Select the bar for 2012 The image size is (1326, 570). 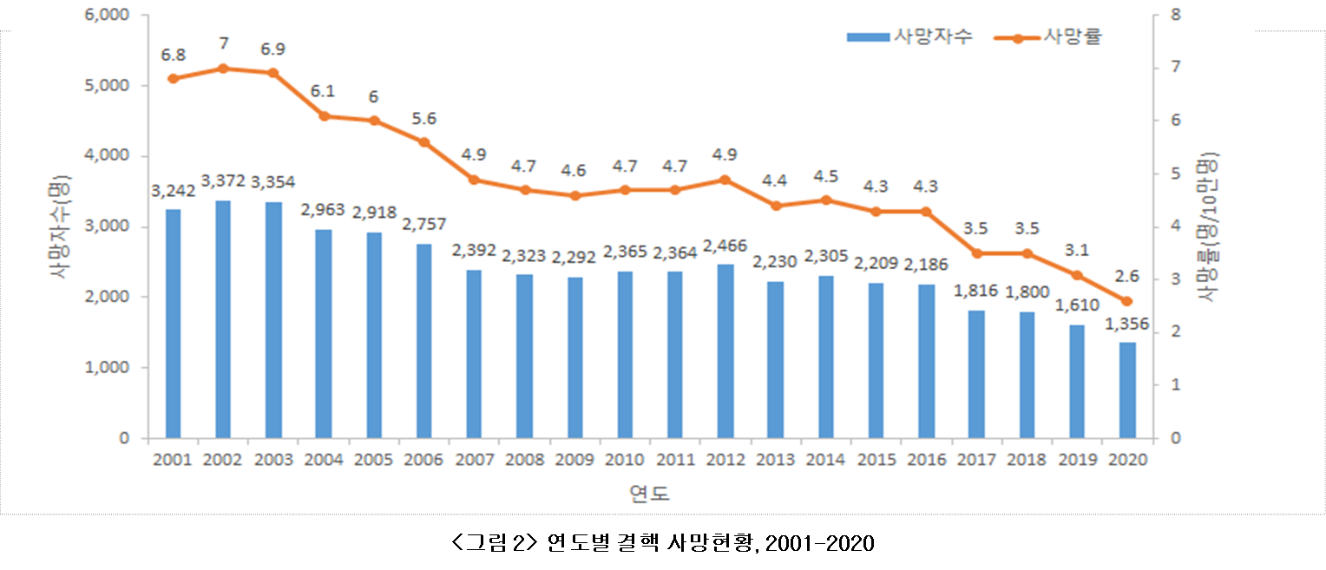(725, 351)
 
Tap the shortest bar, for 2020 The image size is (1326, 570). (1126, 390)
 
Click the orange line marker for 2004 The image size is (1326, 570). (325, 116)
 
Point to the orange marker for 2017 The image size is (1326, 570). (976, 253)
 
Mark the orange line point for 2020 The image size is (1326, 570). (1126, 301)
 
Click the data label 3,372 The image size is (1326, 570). (223, 181)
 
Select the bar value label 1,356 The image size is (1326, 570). (1126, 324)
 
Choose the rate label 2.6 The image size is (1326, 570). (1126, 278)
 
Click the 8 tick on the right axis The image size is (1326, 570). (1175, 16)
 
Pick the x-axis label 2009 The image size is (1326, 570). (574, 459)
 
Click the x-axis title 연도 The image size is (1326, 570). (649, 494)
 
